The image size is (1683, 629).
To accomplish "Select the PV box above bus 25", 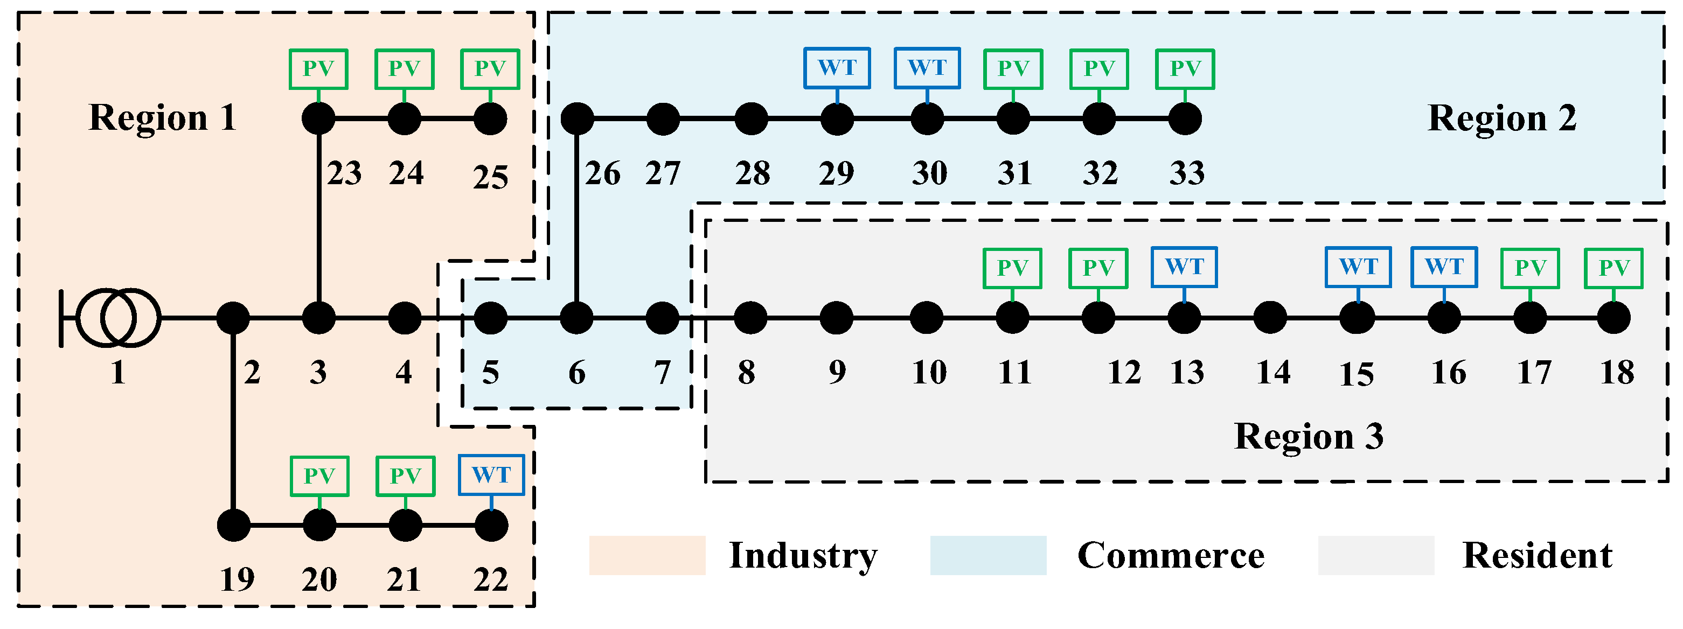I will pyautogui.click(x=490, y=68).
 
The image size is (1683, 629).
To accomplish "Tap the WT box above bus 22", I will pyautogui.click(x=491, y=475).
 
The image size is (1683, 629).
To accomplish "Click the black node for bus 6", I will pyautogui.click(x=576, y=318).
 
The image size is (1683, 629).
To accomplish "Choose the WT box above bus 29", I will pyautogui.click(x=837, y=68).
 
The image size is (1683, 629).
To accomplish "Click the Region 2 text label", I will pyautogui.click(x=1501, y=118).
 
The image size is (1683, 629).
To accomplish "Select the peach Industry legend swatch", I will pyautogui.click(x=647, y=555).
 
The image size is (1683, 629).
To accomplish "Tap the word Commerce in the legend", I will pyautogui.click(x=1170, y=556).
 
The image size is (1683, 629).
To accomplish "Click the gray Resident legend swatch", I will pyautogui.click(x=1376, y=555).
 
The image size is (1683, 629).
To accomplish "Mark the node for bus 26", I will pyautogui.click(x=578, y=119).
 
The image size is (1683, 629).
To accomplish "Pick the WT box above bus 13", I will pyautogui.click(x=1184, y=267).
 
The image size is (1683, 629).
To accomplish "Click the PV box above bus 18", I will pyautogui.click(x=1613, y=268).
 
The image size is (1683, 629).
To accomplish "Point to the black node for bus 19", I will pyautogui.click(x=233, y=525).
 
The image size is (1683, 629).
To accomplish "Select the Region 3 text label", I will pyautogui.click(x=1309, y=436).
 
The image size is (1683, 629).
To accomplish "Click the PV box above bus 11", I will pyautogui.click(x=1012, y=268).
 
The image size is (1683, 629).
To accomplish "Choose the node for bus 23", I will pyautogui.click(x=319, y=119).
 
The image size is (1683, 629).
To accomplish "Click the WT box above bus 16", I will pyautogui.click(x=1444, y=267).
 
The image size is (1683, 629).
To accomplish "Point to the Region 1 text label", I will pyautogui.click(x=162, y=118).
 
